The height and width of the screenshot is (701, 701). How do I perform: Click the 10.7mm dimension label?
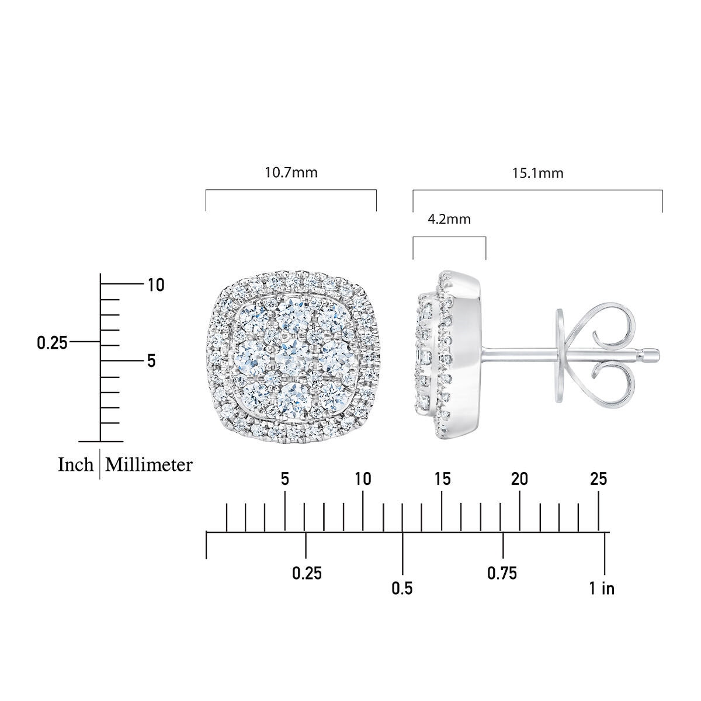coord(291,172)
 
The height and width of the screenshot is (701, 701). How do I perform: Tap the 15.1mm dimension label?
coord(537,173)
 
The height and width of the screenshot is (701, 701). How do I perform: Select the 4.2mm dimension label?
coord(449,220)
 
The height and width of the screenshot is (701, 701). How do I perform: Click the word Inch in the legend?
coord(76,464)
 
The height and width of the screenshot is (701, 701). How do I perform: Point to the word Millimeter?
coord(149,464)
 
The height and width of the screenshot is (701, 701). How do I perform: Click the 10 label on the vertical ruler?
coord(156,285)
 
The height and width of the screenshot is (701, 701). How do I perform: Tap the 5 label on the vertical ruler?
coord(151,361)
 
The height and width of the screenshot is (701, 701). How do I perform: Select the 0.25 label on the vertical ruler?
coord(53,343)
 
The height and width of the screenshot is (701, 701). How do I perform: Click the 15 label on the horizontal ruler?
coord(442,479)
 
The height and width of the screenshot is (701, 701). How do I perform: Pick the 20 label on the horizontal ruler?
coord(519,479)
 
